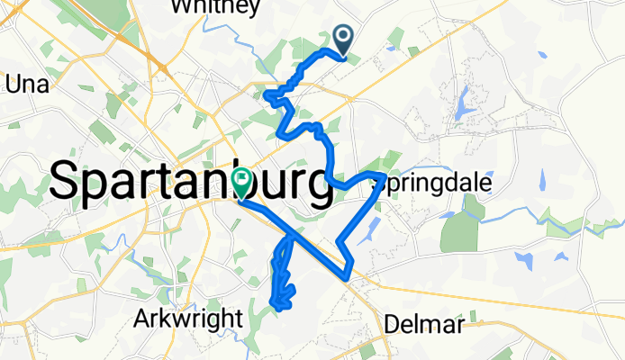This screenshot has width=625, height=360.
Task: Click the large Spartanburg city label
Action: [189, 183]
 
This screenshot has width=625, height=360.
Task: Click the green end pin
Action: [241, 182]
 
